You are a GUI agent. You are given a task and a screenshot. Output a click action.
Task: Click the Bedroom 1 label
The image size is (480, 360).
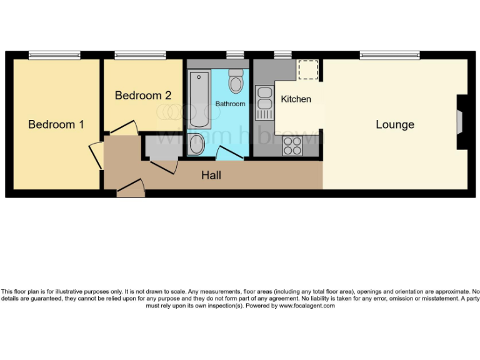pyautogui.click(x=56, y=124)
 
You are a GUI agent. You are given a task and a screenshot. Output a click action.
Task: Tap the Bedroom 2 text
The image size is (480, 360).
pyautogui.click(x=143, y=96)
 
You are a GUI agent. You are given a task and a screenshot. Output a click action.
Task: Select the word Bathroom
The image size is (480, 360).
pyautogui.click(x=231, y=104)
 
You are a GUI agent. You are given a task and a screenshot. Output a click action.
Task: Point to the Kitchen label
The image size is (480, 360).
pyautogui.click(x=296, y=99)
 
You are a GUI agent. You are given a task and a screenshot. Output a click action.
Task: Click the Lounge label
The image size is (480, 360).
pyautogui.click(x=394, y=124)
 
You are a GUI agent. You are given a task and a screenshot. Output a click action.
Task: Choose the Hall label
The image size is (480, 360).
pyautogui.click(x=211, y=176)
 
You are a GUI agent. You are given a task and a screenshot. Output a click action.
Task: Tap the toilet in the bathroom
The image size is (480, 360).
pyautogui.click(x=236, y=81)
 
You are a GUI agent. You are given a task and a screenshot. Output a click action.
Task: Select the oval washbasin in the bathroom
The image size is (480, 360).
pyautogui.click(x=196, y=144)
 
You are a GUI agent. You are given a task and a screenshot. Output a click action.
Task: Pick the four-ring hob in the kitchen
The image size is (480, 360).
pyautogui.click(x=292, y=146)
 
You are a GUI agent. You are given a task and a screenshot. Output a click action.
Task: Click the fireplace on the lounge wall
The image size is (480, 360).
pyautogui.click(x=461, y=122)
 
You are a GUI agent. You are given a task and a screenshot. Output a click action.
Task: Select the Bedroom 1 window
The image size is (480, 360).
pyautogui.click(x=54, y=55)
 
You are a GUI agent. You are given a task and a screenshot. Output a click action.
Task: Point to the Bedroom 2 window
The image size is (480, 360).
pyautogui.click(x=139, y=55)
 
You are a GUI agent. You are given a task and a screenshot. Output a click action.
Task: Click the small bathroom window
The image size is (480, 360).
pyautogui.click(x=235, y=55)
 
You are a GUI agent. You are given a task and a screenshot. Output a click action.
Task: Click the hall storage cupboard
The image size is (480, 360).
pyautogui.click(x=161, y=148)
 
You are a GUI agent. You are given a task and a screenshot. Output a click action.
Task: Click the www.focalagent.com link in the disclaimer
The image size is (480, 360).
pyautogui.click(x=306, y=306)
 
